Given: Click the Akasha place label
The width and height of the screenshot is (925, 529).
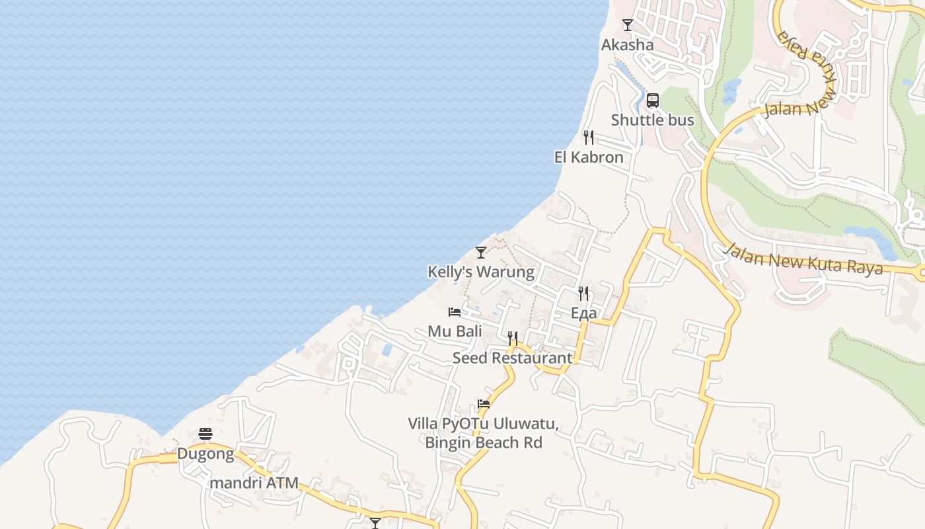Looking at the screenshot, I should [627, 45].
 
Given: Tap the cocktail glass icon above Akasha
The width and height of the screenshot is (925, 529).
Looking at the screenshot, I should [628, 25].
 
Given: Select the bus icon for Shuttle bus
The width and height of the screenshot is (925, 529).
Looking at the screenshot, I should [653, 101].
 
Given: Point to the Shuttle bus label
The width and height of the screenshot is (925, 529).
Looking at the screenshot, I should [652, 120].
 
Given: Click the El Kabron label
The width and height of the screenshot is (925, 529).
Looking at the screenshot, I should [588, 157].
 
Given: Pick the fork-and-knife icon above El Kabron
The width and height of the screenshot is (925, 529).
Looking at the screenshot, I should [588, 138].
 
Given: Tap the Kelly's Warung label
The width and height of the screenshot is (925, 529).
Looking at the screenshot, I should [480, 272].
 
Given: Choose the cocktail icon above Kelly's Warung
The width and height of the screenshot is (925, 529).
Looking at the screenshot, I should [481, 253].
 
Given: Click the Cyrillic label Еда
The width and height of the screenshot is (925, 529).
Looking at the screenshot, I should [583, 313].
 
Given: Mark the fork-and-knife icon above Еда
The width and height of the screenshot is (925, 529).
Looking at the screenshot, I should [583, 293].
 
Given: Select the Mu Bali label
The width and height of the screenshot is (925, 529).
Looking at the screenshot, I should [455, 331].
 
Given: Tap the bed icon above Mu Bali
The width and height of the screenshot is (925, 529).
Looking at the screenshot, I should [455, 312].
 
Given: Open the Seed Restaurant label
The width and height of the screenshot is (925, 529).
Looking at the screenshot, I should [512, 358].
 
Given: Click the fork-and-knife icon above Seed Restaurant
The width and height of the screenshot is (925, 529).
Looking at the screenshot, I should [513, 339].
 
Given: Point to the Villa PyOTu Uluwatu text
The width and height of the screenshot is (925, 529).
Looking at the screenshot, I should [483, 424].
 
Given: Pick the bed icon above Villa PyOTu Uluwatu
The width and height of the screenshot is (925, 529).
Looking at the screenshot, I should [484, 404].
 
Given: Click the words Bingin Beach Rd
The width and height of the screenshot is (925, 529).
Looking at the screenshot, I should [483, 442].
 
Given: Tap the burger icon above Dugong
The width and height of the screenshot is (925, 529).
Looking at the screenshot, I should [205, 434].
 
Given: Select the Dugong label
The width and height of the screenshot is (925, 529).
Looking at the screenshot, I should [205, 454].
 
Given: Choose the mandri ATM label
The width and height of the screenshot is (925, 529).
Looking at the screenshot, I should [254, 483].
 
